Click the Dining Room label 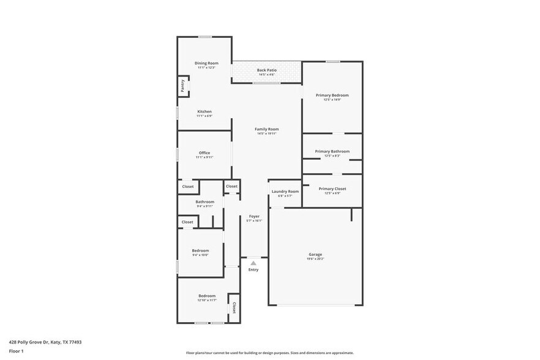tap(206, 63)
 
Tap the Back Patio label tap(266, 70)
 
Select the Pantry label tap(182, 86)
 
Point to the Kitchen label tap(204, 111)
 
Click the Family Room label tap(266, 129)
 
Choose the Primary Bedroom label tap(332, 95)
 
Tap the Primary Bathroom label tap(332, 151)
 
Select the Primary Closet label tap(332, 189)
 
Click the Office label tap(204, 153)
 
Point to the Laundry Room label tap(285, 192)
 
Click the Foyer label tap(253, 216)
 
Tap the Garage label tap(315, 254)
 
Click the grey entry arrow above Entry tap(253, 263)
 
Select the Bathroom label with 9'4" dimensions tap(204, 201)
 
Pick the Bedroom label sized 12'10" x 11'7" tap(206, 296)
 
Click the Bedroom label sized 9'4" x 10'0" tap(200, 250)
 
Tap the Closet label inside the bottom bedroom tap(234, 307)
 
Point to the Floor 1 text tap(16, 351)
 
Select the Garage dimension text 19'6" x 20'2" tap(315, 259)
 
